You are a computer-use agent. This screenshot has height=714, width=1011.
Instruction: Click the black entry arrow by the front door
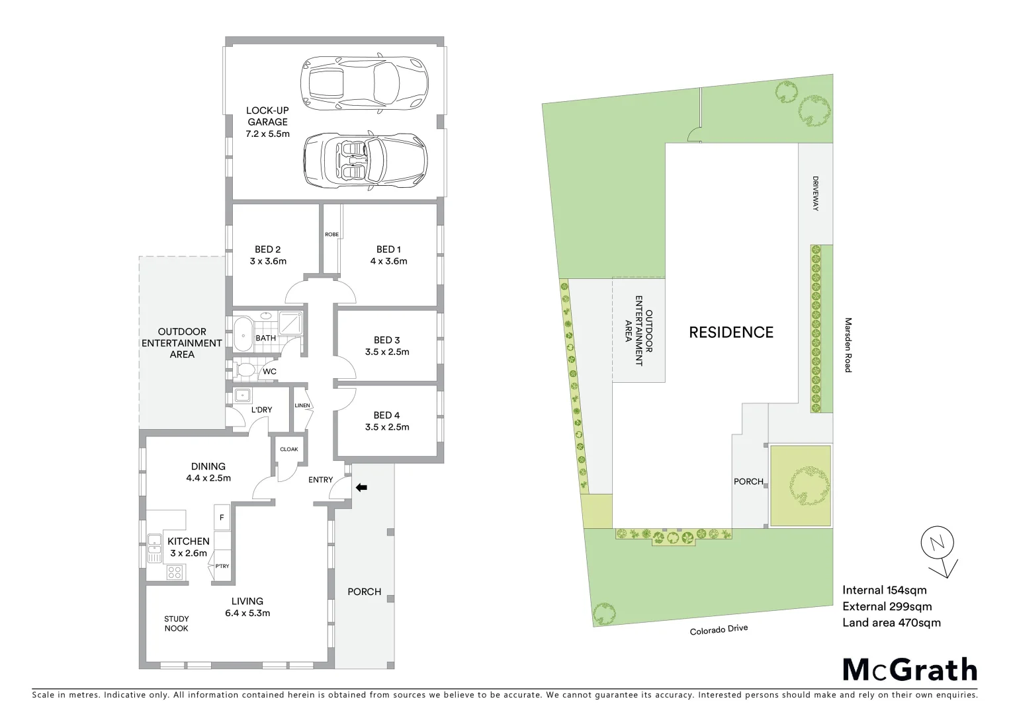pyautogui.click(x=361, y=488)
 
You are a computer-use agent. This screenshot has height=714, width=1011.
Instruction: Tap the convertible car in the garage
pyautogui.click(x=365, y=161)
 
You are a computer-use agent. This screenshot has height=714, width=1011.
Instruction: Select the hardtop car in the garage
pyautogui.click(x=363, y=82)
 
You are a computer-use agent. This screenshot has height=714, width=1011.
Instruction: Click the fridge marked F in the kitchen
pyautogui.click(x=221, y=518)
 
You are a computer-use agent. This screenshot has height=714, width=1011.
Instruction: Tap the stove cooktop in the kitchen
pyautogui.click(x=175, y=572)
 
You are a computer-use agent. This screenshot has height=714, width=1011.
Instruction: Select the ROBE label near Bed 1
pyautogui.click(x=331, y=235)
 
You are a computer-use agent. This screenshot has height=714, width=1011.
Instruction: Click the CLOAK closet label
pyautogui.click(x=289, y=449)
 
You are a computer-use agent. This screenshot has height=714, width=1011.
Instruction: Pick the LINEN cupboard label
pyautogui.click(x=302, y=405)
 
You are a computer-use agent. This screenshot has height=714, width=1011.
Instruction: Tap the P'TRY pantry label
pyautogui.click(x=222, y=567)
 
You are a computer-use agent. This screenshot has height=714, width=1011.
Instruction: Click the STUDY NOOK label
pyautogui.click(x=176, y=623)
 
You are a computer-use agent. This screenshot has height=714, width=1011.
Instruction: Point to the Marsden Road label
pyautogui.click(x=847, y=345)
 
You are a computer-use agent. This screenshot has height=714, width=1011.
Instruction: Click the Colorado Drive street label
pyautogui.click(x=718, y=629)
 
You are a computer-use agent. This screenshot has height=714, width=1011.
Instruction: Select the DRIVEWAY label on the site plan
pyautogui.click(x=815, y=193)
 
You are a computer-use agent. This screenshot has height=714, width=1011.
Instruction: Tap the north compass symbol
pyautogui.click(x=937, y=546)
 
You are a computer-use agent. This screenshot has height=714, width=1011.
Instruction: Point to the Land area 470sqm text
pyautogui.click(x=891, y=622)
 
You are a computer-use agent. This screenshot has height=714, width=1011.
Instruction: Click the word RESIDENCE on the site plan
pyautogui.click(x=731, y=332)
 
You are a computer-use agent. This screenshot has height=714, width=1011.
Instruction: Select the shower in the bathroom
pyautogui.click(x=289, y=323)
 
